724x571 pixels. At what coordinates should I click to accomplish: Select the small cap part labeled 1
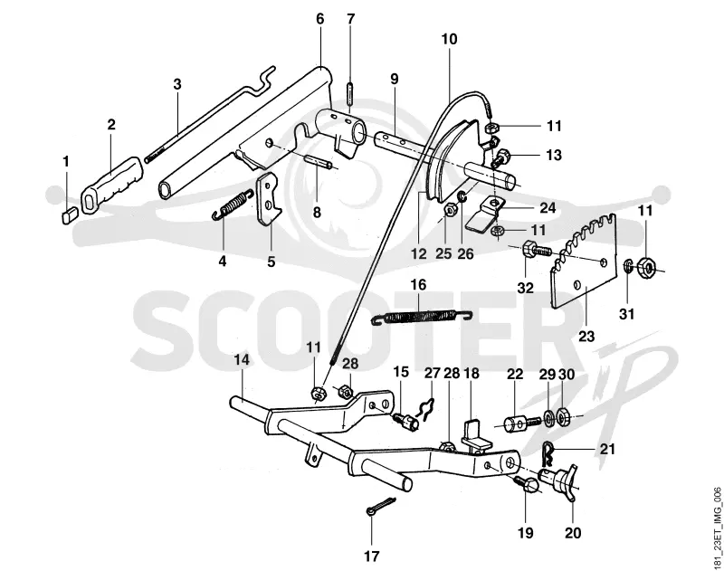[x=69, y=216]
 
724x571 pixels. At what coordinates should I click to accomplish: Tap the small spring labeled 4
[x=233, y=204]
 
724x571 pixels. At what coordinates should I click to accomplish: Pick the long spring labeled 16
[x=423, y=317]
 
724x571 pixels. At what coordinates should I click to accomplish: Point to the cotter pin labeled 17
[x=381, y=506]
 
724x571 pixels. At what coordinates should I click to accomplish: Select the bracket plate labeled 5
[x=269, y=199]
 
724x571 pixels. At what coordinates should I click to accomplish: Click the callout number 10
[x=449, y=39]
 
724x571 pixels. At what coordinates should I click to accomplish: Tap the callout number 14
[x=241, y=359]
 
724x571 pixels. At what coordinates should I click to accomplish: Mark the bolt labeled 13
[x=501, y=157]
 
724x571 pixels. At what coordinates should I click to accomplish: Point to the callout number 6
[x=320, y=19]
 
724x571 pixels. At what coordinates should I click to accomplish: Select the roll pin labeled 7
[x=350, y=94]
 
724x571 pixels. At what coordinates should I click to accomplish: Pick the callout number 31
[x=626, y=314]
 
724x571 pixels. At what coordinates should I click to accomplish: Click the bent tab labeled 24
[x=484, y=213]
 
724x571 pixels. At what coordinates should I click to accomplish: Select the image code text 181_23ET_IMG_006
[x=717, y=528]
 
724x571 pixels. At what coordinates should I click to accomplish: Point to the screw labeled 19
[x=525, y=485]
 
